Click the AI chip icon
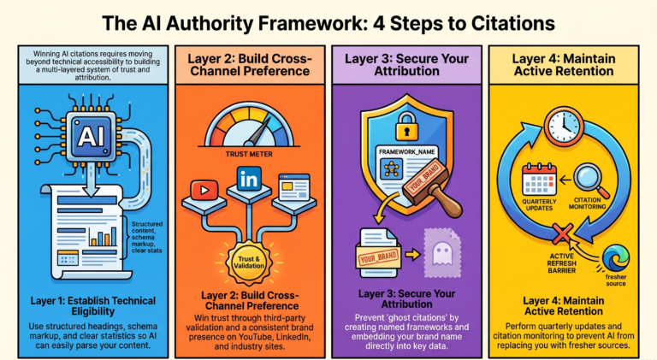[92, 136]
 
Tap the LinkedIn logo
[249, 180]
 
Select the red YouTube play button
[204, 190]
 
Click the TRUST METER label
[249, 154]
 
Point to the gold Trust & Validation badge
[249, 263]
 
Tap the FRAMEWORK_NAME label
[407, 151]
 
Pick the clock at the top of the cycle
[564, 126]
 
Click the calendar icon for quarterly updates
[539, 180]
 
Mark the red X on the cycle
[562, 234]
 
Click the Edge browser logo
[616, 259]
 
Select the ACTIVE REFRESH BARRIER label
[562, 263]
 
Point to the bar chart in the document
[103, 237]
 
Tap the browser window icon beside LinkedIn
[294, 186]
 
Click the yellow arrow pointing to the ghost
[412, 254]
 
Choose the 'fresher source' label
[616, 280]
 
